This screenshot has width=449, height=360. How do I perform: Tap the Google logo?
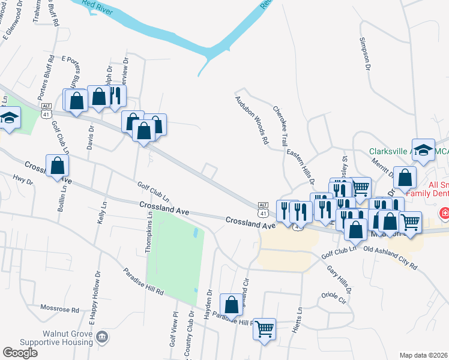click(x=20, y=353)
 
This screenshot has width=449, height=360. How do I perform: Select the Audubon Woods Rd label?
click(x=251, y=120)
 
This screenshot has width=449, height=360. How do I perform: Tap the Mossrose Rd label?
click(x=59, y=310)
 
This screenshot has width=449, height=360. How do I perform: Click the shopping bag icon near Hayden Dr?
click(x=231, y=304)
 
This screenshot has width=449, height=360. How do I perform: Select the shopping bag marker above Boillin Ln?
click(x=57, y=165)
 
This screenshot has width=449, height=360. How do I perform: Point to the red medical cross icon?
click(x=445, y=212)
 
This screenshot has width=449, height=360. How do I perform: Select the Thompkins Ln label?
click(x=150, y=237)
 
